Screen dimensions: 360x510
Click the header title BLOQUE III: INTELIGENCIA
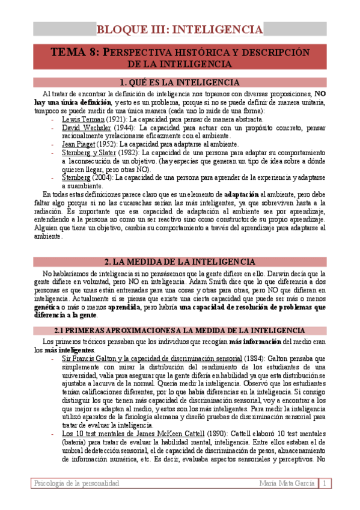[x=180, y=29]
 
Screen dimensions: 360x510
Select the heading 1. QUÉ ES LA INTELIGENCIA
[x=180, y=82]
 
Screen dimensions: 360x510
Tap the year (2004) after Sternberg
[x=103, y=177]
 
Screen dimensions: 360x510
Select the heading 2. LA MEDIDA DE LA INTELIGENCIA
[x=180, y=262]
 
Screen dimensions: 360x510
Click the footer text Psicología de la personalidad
[x=77, y=484]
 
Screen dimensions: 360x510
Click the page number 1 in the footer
[x=325, y=484]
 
